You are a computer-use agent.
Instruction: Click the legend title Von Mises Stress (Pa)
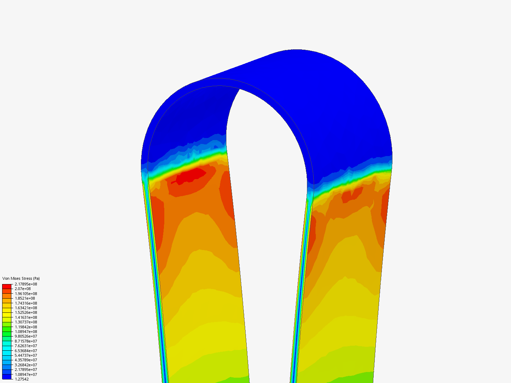21,278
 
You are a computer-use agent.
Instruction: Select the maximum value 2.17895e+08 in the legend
26,284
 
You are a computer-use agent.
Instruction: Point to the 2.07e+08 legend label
23,289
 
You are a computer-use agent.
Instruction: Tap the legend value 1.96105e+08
26,294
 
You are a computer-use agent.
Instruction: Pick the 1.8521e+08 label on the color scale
25,298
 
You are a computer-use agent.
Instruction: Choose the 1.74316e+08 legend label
26,303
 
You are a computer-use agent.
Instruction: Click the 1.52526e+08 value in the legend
26,312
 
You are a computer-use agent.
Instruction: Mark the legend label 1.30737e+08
26,322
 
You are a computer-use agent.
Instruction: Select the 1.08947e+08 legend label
26,332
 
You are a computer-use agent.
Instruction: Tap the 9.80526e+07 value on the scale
26,336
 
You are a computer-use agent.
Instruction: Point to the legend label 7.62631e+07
26,346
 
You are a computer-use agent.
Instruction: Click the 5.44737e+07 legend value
26,355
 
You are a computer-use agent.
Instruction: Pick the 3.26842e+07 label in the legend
26,365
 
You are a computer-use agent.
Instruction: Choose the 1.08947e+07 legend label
26,374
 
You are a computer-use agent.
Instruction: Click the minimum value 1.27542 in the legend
22,379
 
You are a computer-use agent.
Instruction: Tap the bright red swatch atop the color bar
7,286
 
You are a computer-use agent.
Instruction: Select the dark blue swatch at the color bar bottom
7,377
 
